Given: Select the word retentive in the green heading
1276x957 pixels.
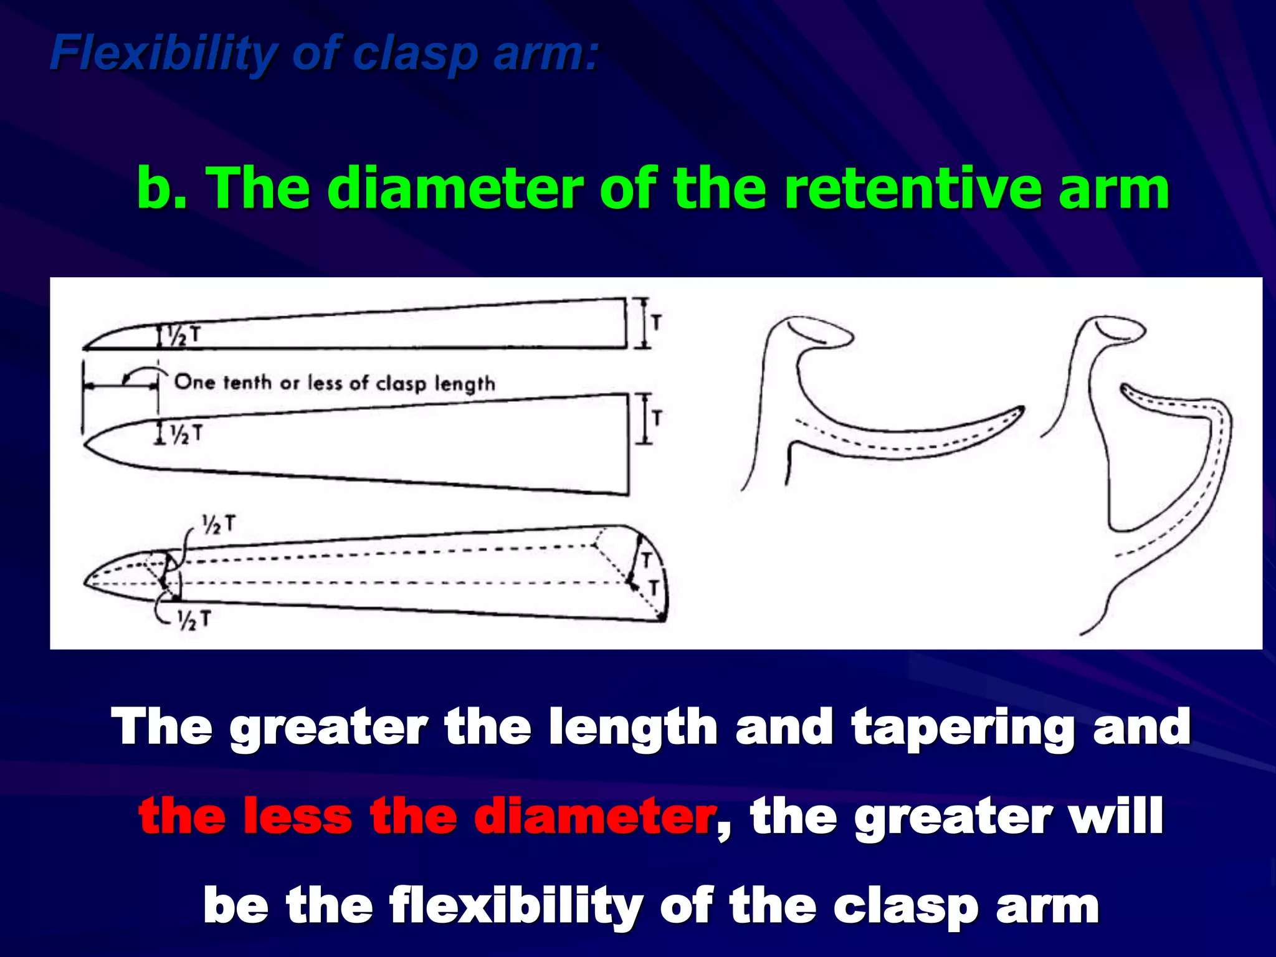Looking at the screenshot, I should pos(910,189).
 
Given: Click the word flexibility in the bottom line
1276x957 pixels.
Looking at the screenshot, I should pos(517,906).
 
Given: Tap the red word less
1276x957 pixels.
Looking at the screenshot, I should pos(298,816).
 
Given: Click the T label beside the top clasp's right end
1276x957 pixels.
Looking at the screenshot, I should pos(655,323).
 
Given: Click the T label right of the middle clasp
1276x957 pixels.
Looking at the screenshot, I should pos(657,418).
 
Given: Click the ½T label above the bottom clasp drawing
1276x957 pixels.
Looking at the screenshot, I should pos(219,525).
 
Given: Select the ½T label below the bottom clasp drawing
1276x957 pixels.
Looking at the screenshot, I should pos(194,619).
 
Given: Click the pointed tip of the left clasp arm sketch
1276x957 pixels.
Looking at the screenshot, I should pos(1022,409).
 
